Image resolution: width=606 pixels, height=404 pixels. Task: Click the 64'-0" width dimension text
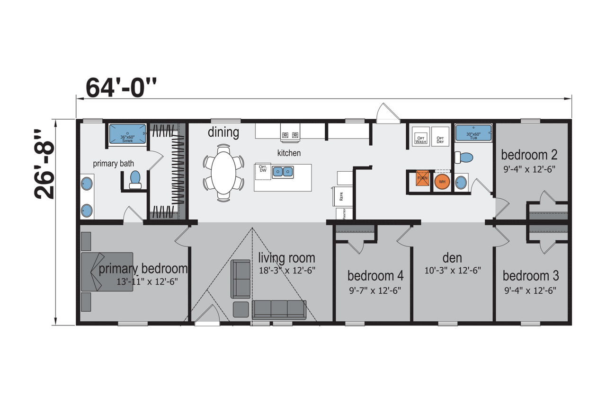(121, 88)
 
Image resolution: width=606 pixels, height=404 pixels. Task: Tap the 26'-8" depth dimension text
(44, 164)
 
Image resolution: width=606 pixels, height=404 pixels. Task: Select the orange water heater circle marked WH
(442, 182)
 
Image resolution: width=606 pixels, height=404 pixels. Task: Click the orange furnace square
(422, 178)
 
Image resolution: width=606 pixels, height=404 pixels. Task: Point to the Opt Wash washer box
(421, 137)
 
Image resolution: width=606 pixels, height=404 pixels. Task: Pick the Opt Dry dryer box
(440, 137)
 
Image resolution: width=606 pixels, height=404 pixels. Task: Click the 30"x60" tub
(473, 133)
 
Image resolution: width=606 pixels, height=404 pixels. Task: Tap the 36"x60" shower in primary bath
(127, 133)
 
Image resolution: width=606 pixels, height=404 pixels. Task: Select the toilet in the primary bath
(135, 180)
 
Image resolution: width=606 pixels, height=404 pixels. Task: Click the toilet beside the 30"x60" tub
(463, 157)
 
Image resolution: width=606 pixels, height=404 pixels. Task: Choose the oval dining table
(223, 173)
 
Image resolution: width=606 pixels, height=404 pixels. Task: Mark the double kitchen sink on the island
(283, 172)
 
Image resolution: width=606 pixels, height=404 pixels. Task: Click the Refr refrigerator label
(341, 196)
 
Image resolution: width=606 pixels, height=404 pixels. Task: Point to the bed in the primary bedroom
(107, 272)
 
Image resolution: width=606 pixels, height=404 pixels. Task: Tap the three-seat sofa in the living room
(279, 310)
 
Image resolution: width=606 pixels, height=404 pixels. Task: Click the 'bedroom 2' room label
(529, 155)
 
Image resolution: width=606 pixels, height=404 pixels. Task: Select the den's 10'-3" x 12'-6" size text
(453, 270)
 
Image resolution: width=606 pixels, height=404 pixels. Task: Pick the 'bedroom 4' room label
(375, 276)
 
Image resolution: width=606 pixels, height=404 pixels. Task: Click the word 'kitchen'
(289, 153)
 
